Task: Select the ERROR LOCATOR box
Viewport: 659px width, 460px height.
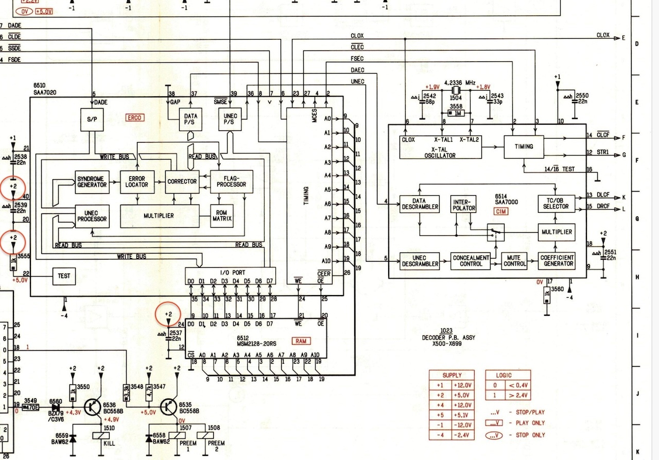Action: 137,181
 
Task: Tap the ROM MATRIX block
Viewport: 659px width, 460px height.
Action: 222,216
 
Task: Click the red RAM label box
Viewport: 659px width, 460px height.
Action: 300,341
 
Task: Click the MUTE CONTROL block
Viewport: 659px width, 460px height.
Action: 514,261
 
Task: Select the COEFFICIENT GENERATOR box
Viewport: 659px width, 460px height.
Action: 557,261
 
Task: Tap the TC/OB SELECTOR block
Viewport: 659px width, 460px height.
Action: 556,203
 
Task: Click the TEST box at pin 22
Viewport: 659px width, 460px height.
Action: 64,276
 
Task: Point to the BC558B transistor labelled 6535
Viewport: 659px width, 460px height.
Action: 169,406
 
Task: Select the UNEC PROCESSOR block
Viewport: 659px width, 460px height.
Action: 92,216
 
